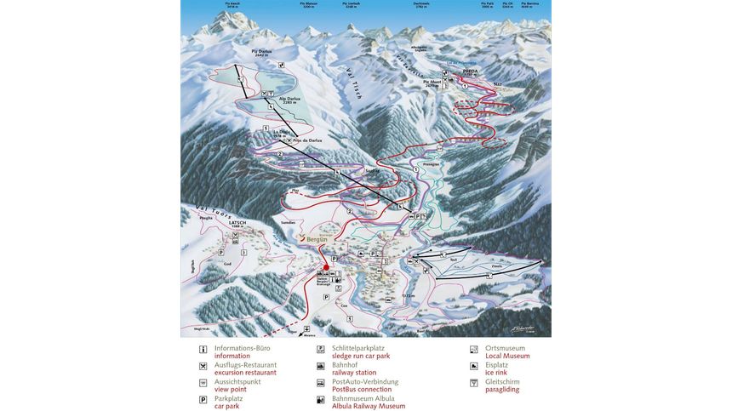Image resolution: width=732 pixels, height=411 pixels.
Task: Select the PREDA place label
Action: point(471,71)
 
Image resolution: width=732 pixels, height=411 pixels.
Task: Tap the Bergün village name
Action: point(319,241)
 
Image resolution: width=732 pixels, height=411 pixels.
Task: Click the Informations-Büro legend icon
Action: point(203,350)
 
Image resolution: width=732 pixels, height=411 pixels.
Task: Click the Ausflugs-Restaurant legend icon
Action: point(203,366)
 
